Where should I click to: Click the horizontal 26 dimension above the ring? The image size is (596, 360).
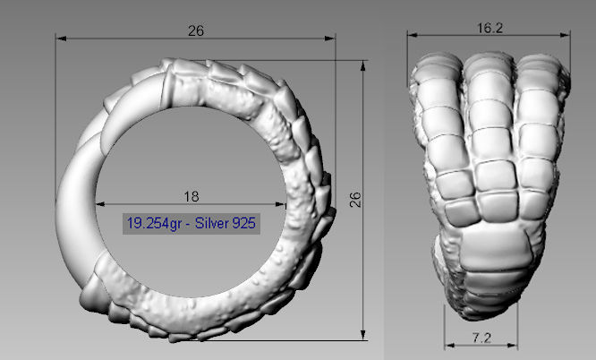click(x=196, y=30)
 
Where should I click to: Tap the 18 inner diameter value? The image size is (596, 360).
click(x=191, y=195)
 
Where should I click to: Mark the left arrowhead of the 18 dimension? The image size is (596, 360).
click(x=98, y=204)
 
